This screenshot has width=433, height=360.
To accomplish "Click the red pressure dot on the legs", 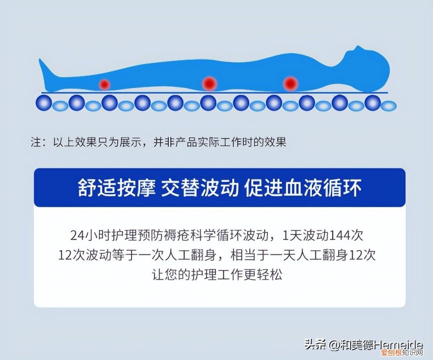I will [104, 84].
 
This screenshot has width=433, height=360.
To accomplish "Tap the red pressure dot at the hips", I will [210, 83].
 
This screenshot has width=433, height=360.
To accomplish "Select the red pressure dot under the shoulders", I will [290, 83].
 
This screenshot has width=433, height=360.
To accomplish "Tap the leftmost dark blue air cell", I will [44, 103].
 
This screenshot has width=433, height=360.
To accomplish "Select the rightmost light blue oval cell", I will [388, 105].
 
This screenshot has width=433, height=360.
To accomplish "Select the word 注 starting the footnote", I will [36, 142].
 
